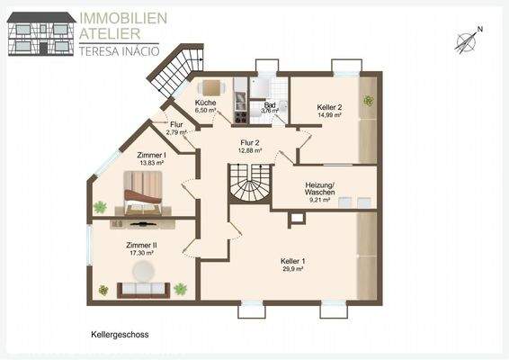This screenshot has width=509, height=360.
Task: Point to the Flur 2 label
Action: [x=250, y=143]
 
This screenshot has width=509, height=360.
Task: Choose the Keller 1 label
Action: [x=293, y=262]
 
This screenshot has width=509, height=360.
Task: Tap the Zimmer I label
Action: [x=150, y=155]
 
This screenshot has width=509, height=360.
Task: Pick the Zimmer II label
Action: [x=140, y=245]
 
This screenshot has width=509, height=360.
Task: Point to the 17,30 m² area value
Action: [x=140, y=254]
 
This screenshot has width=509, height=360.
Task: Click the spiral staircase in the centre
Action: [x=250, y=187]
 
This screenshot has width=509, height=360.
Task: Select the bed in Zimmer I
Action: [x=144, y=189]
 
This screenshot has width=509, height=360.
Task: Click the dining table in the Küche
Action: [x=211, y=87]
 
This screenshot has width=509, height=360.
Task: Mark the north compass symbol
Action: [x=466, y=40]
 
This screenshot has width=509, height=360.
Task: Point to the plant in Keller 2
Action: [x=367, y=100]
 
